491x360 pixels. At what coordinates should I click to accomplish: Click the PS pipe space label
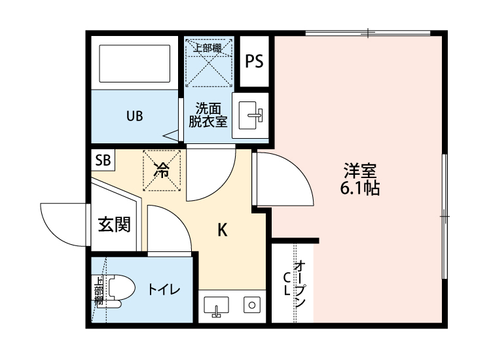click(254, 62)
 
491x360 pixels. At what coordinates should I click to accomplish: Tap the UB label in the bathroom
click(134, 117)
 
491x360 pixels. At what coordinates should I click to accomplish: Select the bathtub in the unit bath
click(134, 63)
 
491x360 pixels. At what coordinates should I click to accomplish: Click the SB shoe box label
click(103, 159)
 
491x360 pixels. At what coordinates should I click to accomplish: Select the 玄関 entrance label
click(114, 225)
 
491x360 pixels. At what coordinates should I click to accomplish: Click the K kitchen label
click(223, 230)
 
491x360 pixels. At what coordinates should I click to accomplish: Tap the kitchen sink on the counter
click(215, 305)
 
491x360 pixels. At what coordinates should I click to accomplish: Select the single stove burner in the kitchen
click(251, 304)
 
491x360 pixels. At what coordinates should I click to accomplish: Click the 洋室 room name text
click(359, 172)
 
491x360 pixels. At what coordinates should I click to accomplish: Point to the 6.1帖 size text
click(359, 190)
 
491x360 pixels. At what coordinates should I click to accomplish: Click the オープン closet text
click(300, 285)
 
